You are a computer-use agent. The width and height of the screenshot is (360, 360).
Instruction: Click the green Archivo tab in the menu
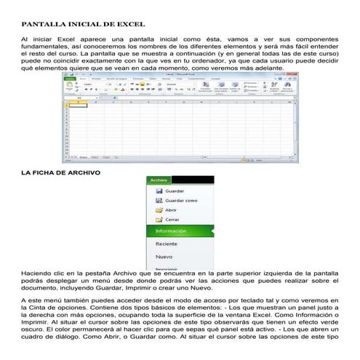[x=159, y=180]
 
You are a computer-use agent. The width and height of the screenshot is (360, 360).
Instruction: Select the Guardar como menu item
[x=182, y=200]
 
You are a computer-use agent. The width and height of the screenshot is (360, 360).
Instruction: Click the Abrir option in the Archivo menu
[x=173, y=209]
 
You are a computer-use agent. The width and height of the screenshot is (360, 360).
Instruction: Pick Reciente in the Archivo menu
[x=168, y=244]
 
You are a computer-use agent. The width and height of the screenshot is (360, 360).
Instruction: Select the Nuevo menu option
[x=164, y=256]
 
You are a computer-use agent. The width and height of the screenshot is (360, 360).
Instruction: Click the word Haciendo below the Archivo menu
[x=36, y=271]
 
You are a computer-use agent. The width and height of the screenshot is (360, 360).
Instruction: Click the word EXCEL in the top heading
[x=131, y=25]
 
